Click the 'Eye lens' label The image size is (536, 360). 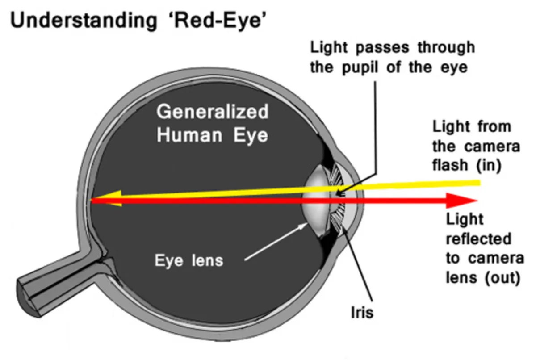point(188,260)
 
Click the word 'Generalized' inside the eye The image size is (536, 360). point(213,112)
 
